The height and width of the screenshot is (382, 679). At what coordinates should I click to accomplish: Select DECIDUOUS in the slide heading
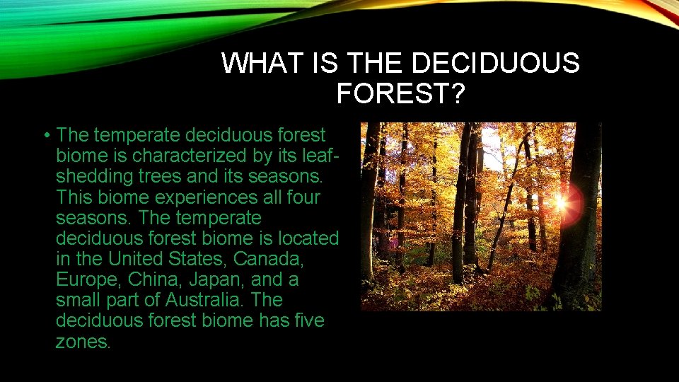pos(494,64)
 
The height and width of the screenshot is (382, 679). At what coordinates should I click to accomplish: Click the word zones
pos(83,342)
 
